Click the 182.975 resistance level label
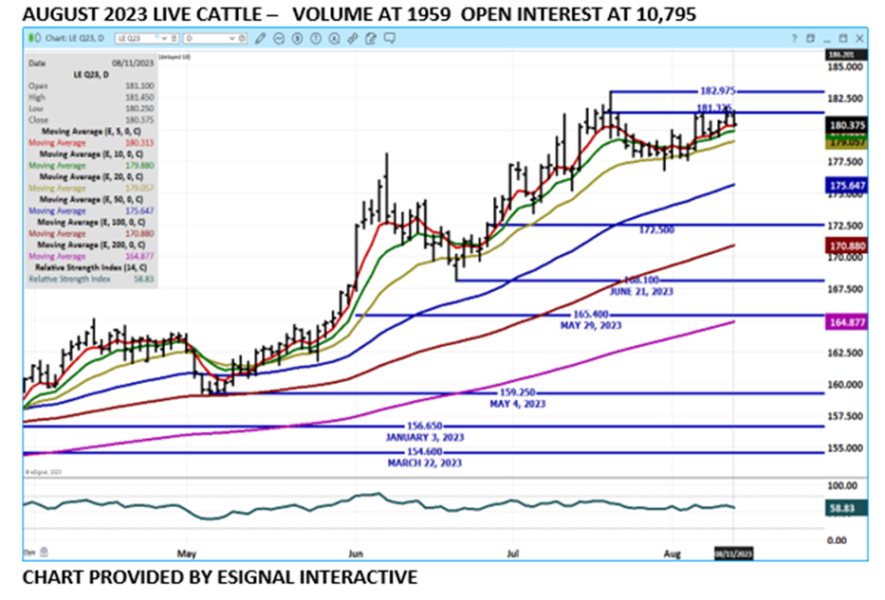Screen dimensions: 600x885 pos(716,91)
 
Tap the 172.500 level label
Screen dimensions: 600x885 pos(657,230)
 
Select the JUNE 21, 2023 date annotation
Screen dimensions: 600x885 pos(641,292)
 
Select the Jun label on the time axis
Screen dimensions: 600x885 pos(356,552)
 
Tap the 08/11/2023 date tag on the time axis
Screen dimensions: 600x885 pos(733,552)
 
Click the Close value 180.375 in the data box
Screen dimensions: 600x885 pos(137,120)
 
